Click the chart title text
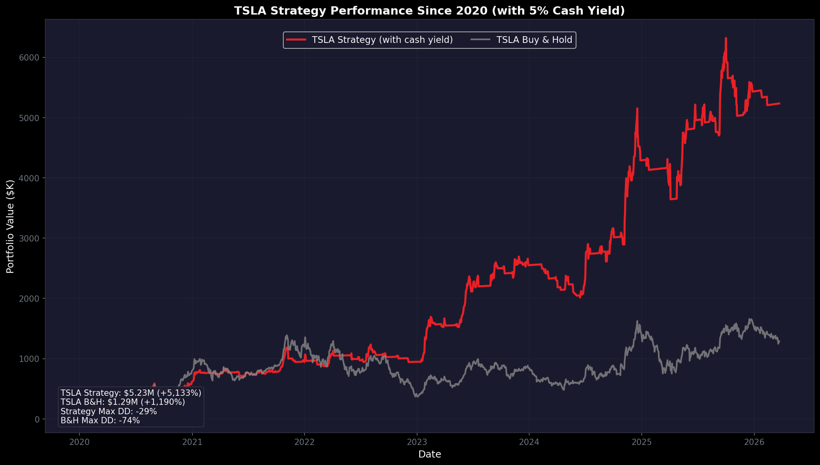(x=429, y=11)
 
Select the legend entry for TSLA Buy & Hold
(x=534, y=40)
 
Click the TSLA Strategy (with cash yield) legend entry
(x=382, y=40)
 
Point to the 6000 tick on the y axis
(x=29, y=58)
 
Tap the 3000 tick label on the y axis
(x=29, y=238)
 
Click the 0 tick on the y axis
(x=37, y=419)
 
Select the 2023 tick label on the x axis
(x=417, y=442)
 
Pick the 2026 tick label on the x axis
(x=754, y=442)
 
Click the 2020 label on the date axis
(x=79, y=442)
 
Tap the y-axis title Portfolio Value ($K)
(x=11, y=227)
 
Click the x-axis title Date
(x=429, y=454)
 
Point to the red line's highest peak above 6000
(x=726, y=39)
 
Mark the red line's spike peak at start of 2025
(x=637, y=109)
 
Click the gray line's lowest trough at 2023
(x=417, y=397)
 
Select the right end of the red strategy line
(x=779, y=103)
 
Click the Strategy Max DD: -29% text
(x=109, y=411)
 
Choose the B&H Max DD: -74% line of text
(x=100, y=421)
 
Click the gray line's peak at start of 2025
(x=637, y=321)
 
